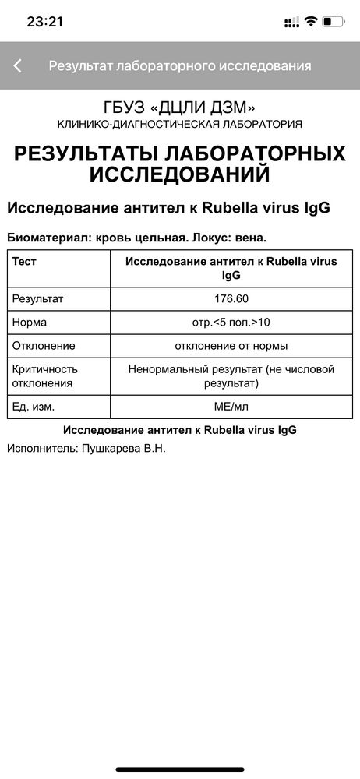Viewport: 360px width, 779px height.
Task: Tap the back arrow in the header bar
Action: point(17,66)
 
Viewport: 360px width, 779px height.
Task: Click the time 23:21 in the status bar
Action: point(45,22)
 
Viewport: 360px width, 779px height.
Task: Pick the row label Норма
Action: point(30,322)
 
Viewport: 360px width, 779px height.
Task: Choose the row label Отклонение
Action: point(44,345)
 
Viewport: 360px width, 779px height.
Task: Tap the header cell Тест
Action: point(25,262)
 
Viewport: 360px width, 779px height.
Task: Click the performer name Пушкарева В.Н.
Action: point(124,449)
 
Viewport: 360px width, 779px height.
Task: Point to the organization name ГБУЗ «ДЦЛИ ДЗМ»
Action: point(180,107)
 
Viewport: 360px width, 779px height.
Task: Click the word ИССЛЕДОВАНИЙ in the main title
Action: point(180,173)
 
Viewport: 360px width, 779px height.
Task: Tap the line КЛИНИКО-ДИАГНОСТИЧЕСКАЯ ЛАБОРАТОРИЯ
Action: point(180,124)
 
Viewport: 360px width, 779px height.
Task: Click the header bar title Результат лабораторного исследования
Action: point(180,66)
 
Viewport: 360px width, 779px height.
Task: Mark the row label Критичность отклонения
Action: point(45,375)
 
